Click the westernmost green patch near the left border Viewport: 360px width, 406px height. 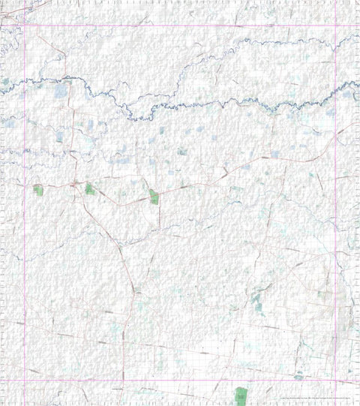click(x=38, y=190)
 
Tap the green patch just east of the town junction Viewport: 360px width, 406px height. click(x=90, y=188)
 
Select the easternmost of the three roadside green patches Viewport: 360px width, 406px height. click(x=154, y=197)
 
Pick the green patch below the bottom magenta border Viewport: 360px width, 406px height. click(x=240, y=394)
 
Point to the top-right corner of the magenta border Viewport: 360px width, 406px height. click(x=334, y=26)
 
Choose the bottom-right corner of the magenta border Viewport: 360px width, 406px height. click(x=334, y=380)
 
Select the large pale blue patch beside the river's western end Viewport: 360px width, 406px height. click(x=60, y=91)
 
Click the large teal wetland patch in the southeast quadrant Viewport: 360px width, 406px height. click(x=257, y=302)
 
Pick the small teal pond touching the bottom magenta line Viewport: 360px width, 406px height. click(x=298, y=376)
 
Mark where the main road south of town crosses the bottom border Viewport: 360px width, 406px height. click(x=124, y=380)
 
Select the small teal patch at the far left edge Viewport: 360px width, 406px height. click(x=5, y=81)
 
